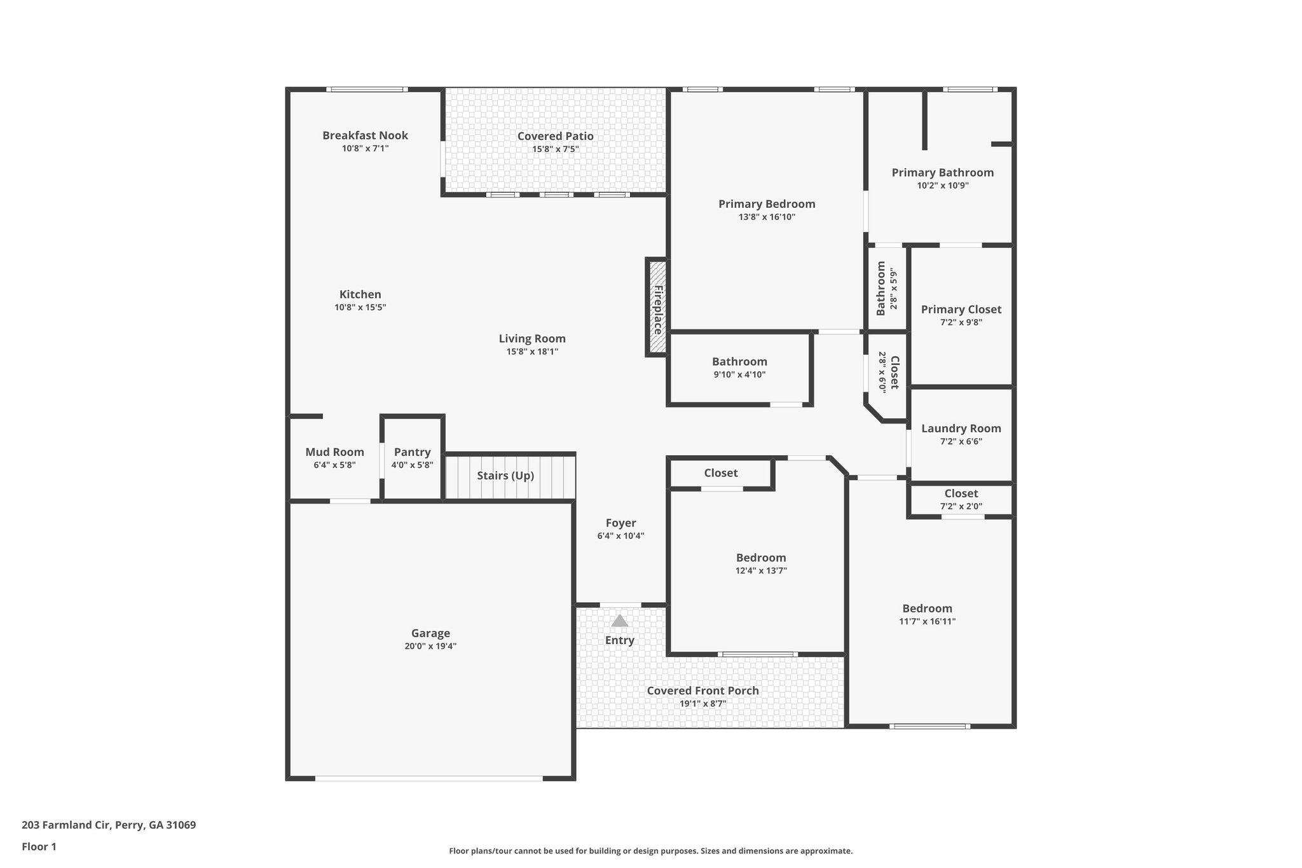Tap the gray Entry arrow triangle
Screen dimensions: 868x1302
click(x=619, y=621)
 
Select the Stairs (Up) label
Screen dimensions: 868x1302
click(x=505, y=476)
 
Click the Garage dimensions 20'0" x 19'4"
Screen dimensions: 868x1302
click(x=430, y=646)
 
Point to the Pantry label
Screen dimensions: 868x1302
click(x=412, y=452)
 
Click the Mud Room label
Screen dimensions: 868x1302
click(x=334, y=452)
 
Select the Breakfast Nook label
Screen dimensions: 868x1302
click(x=365, y=135)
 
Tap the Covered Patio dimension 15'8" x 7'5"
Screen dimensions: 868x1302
click(x=555, y=149)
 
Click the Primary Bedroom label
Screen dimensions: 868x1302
click(x=767, y=204)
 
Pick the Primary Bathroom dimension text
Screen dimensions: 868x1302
click(x=942, y=186)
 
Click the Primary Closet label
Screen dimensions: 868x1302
click(x=961, y=310)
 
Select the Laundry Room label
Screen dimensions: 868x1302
click(x=961, y=429)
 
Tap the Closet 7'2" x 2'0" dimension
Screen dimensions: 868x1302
click(x=961, y=507)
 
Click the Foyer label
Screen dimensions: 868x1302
click(x=620, y=523)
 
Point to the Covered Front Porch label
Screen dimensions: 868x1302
click(x=702, y=691)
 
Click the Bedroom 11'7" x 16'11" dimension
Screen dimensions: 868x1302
click(x=927, y=621)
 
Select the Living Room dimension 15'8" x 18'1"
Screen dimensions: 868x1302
click(x=532, y=352)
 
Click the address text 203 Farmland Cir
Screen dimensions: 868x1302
click(x=109, y=825)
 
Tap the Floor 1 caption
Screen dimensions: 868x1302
click(x=39, y=846)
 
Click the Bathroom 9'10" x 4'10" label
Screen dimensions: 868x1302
click(x=739, y=362)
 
